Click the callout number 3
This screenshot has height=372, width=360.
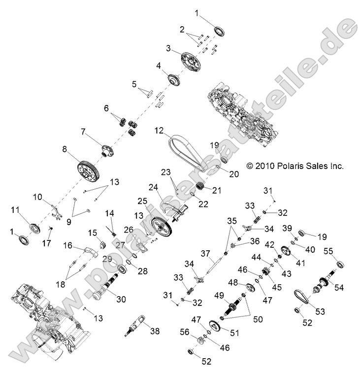pos(168,48)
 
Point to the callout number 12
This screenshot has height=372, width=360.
pos(158,132)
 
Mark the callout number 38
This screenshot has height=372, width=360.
pos(154,332)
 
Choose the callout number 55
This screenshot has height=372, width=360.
pos(328,251)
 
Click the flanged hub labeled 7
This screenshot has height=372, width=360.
pos(106,149)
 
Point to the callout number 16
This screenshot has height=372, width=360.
pos(67,244)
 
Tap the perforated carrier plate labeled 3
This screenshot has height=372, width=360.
pos(190,60)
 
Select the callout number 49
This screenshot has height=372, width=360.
pos(218,295)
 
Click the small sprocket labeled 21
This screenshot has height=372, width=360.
pos(200,187)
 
